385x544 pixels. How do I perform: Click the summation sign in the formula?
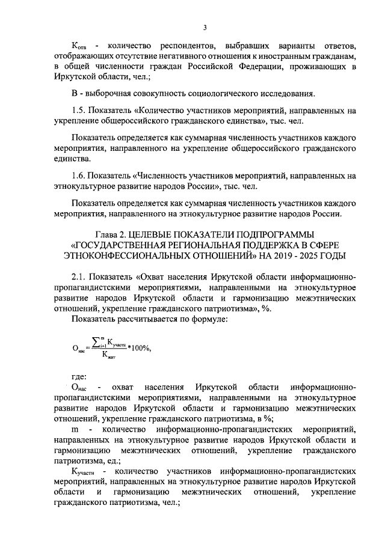pos(93,344)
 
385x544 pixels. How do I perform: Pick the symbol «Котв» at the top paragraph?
pos(79,46)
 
